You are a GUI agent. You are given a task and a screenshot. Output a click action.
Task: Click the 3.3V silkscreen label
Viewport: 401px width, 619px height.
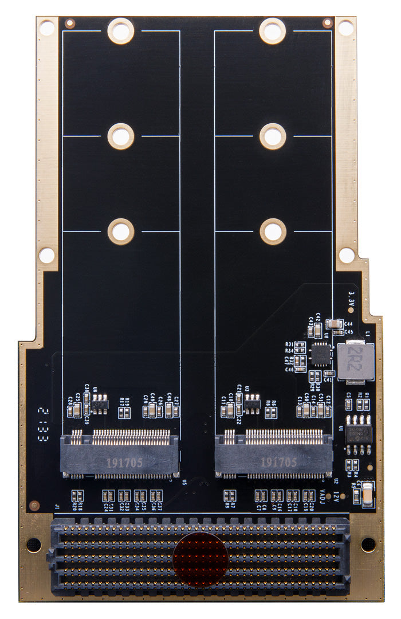tap(352, 299)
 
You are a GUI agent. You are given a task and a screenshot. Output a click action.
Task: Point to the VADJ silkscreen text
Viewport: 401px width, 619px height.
tap(338, 491)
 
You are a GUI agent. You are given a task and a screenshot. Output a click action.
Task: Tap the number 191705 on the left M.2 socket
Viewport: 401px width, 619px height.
tap(123, 462)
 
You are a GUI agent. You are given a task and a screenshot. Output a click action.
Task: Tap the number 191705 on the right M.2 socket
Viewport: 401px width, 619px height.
tap(278, 462)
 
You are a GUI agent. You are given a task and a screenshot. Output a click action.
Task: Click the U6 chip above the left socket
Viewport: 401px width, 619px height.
tap(100, 403)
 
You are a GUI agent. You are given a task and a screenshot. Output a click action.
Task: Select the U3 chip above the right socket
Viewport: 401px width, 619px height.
tap(252, 403)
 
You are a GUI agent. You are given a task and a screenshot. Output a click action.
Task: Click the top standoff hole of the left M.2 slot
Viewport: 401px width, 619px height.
tap(120, 30)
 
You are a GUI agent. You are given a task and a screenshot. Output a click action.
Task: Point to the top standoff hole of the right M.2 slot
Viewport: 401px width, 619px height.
tap(272, 30)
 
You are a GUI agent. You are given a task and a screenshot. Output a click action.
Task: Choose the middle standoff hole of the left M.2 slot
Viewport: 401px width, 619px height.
tap(120, 136)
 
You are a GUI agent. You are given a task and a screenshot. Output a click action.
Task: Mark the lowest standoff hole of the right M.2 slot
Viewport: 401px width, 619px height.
tap(273, 232)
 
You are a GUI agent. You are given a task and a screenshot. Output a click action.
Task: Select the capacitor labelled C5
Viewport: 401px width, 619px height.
tap(348, 404)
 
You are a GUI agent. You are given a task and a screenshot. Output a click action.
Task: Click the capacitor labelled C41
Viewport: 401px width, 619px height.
tap(329, 374)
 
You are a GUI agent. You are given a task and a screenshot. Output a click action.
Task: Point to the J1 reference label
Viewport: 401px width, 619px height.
tap(56, 507)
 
